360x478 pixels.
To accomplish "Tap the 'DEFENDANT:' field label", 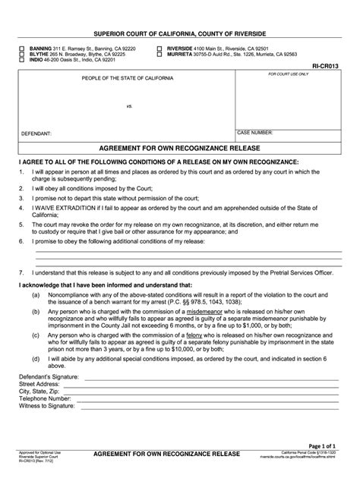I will click(36, 133).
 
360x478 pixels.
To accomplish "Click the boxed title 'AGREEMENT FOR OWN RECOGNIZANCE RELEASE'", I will click(179, 149).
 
